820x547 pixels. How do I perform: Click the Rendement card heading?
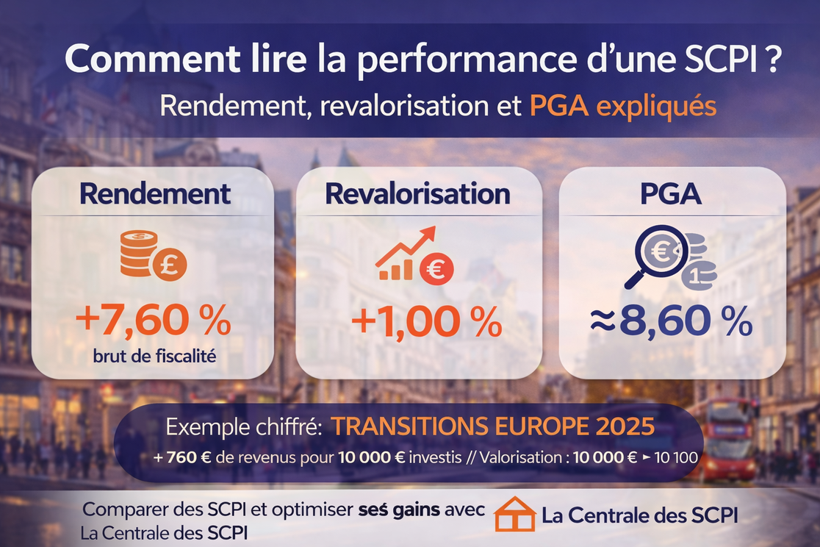click(155, 194)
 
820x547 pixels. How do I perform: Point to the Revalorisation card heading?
click(417, 194)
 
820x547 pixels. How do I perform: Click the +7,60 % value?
click(153, 322)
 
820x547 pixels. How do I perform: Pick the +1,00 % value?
click(426, 322)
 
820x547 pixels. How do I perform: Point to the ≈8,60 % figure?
click(672, 322)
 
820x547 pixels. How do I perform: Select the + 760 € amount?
click(183, 457)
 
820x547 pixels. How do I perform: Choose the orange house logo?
click(515, 514)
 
